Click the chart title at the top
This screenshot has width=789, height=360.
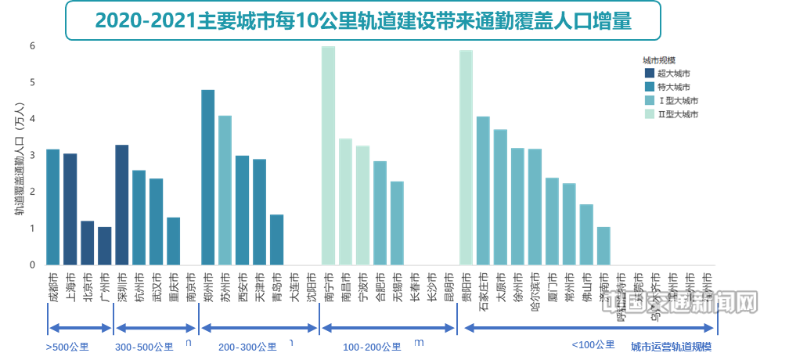(362, 21)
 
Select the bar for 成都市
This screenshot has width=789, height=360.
(53, 207)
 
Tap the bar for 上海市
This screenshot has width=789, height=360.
(70, 209)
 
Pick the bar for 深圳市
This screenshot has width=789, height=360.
(122, 205)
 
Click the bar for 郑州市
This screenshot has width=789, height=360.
(208, 177)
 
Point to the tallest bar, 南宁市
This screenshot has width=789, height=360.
(328, 156)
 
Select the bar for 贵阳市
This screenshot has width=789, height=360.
(467, 157)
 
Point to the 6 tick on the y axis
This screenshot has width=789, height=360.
(33, 46)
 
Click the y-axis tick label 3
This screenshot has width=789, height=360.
(33, 156)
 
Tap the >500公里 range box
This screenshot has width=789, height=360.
(67, 346)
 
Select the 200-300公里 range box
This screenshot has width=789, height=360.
(247, 346)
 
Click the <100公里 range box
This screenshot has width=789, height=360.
(589, 344)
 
